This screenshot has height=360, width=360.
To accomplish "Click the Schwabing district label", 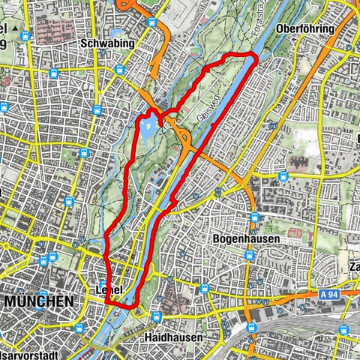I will pyautogui.click(x=106, y=43).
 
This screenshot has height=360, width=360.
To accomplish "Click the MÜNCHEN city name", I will pyautogui.click(x=40, y=301).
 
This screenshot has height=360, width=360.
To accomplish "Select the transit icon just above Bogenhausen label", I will pyautogui.click(x=254, y=217).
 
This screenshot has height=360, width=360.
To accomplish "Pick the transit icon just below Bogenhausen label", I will pyautogui.click(x=249, y=259).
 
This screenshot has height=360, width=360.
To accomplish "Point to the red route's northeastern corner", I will pyautogui.click(x=255, y=57).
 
